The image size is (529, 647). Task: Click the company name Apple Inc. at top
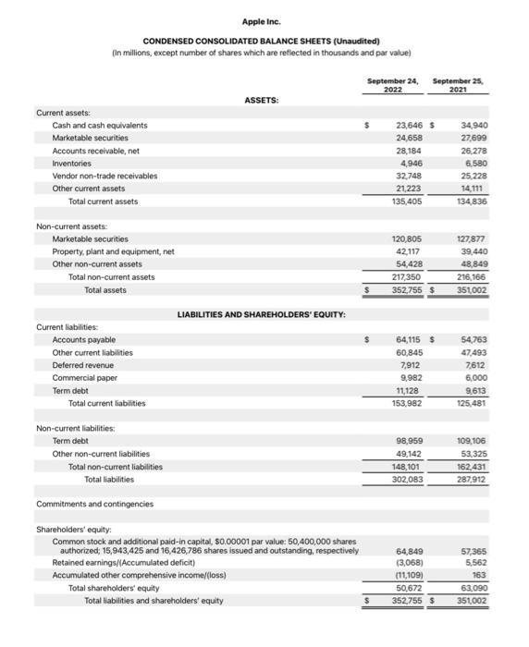point(261,21)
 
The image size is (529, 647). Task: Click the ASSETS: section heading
point(262,101)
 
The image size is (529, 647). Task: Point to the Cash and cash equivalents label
point(100,126)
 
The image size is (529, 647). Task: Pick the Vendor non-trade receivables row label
point(105,176)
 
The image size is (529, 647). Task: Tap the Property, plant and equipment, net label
point(113,251)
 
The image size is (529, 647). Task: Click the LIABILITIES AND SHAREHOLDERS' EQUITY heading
point(262,315)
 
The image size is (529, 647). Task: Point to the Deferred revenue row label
point(84,365)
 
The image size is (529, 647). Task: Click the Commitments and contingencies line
point(95,504)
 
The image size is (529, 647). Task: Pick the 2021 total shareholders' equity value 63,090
point(471,588)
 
